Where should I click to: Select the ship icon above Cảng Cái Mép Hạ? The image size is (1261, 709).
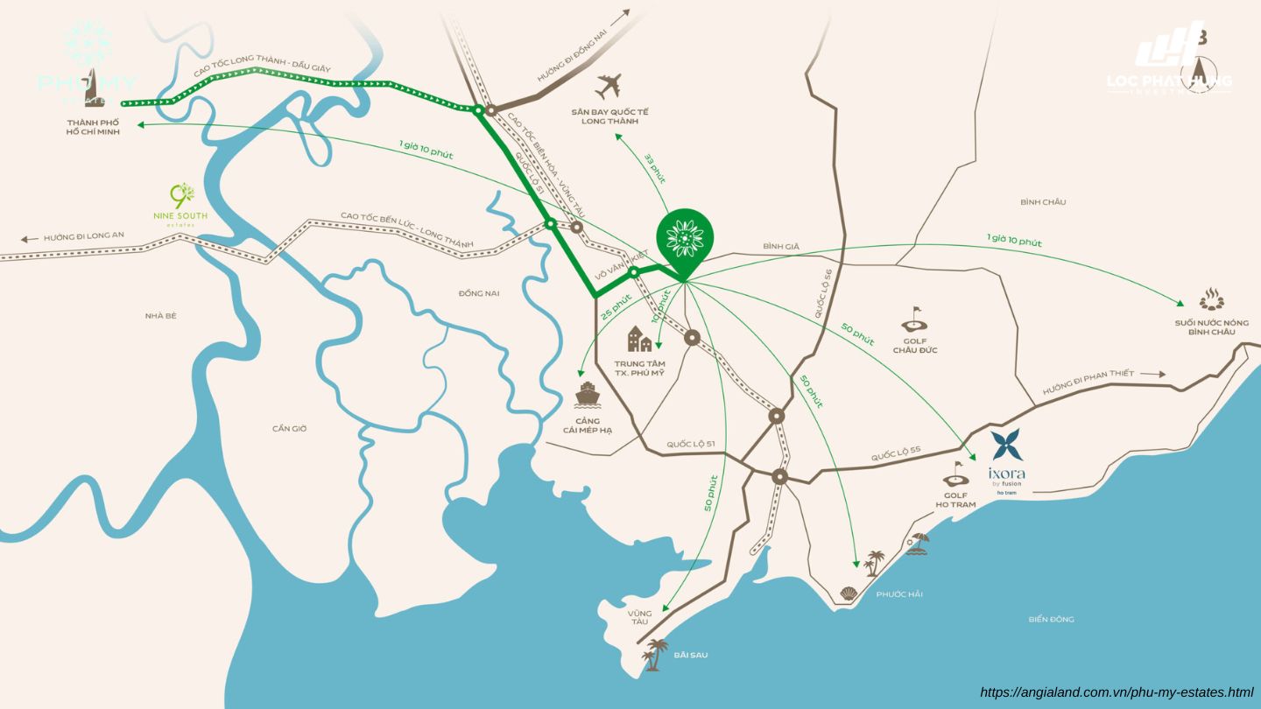(586, 395)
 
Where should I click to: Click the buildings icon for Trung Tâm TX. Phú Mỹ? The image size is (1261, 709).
(639, 339)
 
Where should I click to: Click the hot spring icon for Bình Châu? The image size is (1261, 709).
(1211, 299)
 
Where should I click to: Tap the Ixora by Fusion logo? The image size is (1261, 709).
(1007, 460)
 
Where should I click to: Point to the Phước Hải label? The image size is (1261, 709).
(898, 594)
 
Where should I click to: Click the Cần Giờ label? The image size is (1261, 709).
(289, 428)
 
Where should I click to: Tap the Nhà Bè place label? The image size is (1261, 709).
(161, 315)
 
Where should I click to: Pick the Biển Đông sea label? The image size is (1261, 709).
(1051, 619)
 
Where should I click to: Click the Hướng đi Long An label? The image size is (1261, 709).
(83, 236)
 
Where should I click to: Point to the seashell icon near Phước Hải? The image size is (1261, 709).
(848, 593)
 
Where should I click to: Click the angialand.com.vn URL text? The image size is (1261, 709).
(1117, 692)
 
